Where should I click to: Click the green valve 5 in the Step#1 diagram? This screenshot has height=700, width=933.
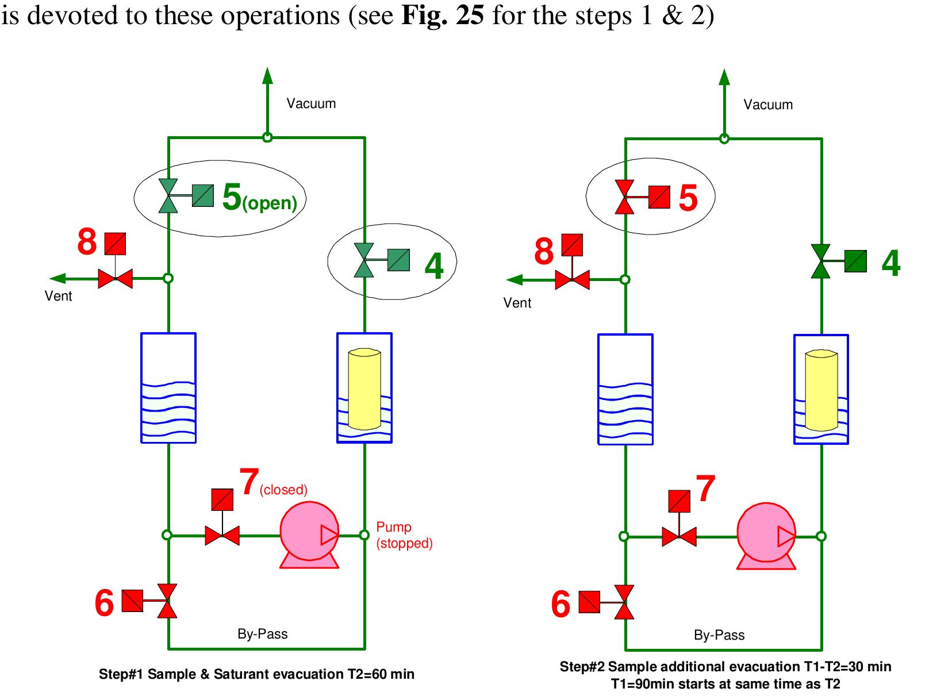pyautogui.click(x=169, y=196)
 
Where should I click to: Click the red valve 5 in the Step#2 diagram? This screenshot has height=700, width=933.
pyautogui.click(x=625, y=197)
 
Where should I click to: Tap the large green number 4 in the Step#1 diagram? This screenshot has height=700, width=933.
pyautogui.click(x=434, y=266)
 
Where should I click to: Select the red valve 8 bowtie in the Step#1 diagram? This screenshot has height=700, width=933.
pyautogui.click(x=116, y=279)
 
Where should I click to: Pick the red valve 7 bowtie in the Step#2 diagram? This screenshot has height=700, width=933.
pyautogui.click(x=679, y=537)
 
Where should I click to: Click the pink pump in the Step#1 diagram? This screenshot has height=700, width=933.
pyautogui.click(x=309, y=534)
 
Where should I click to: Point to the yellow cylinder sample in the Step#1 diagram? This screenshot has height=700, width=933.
pyautogui.click(x=364, y=389)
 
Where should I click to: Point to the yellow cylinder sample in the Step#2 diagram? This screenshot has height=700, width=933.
pyautogui.click(x=821, y=390)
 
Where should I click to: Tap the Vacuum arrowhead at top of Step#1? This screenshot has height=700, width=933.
pyautogui.click(x=267, y=75)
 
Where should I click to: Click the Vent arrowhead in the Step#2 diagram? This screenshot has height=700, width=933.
pyautogui.click(x=514, y=280)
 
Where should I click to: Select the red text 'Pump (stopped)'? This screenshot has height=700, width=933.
pyautogui.click(x=404, y=535)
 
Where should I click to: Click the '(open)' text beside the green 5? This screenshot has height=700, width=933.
pyautogui.click(x=270, y=204)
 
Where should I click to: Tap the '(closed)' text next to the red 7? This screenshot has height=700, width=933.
pyautogui.click(x=283, y=490)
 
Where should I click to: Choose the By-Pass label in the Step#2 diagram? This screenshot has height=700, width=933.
pyautogui.click(x=719, y=635)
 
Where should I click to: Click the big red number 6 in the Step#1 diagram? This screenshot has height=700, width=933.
pyautogui.click(x=104, y=603)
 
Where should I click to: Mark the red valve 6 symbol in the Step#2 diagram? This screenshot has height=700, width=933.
pyautogui.click(x=624, y=602)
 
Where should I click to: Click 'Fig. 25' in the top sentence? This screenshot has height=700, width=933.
pyautogui.click(x=442, y=16)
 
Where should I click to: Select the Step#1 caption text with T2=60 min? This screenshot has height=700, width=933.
pyautogui.click(x=256, y=674)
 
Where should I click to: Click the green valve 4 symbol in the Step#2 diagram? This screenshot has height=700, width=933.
pyautogui.click(x=821, y=261)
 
